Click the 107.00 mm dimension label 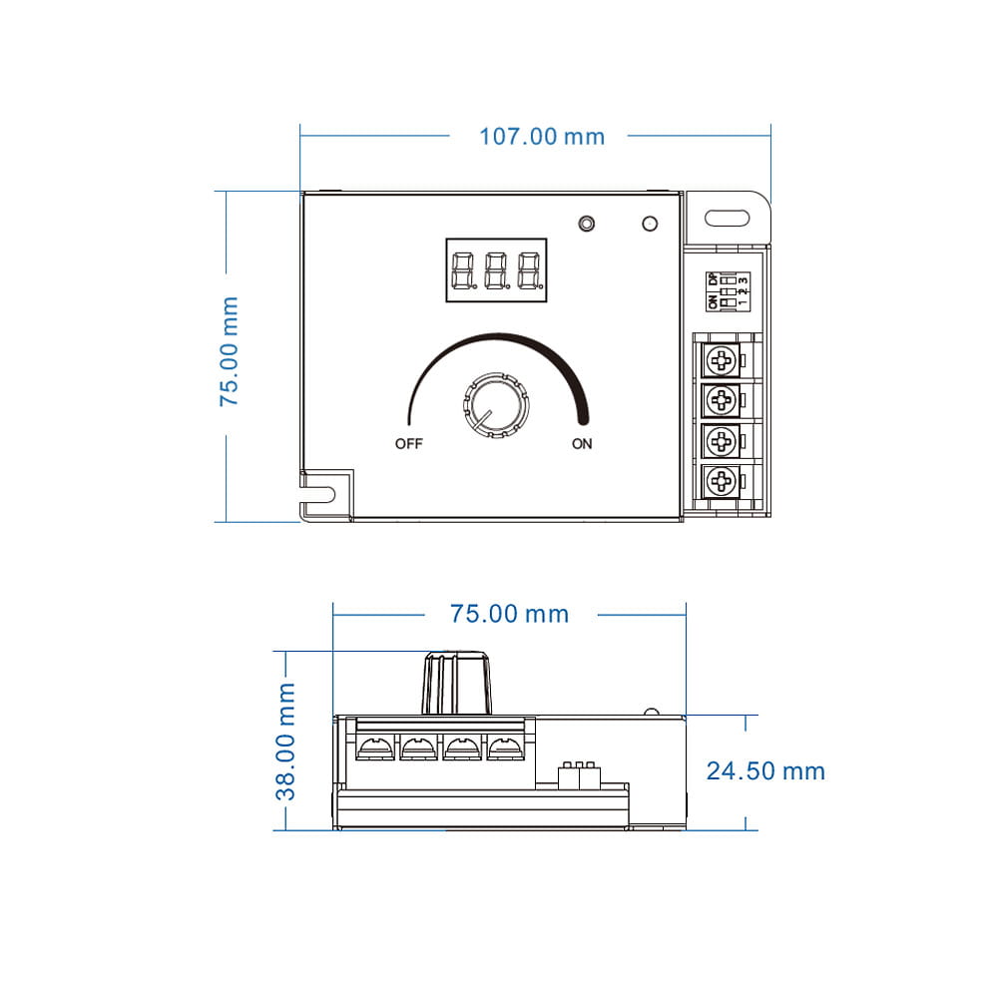(542, 136)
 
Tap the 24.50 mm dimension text (765, 770)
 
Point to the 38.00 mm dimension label (287, 742)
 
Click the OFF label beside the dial (409, 444)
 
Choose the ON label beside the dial (582, 444)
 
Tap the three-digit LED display (496, 268)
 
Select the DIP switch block (728, 289)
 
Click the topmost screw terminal (721, 359)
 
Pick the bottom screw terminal (721, 483)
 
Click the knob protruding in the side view (459, 683)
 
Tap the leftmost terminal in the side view (376, 748)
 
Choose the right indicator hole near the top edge (650, 224)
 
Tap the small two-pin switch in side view (579, 771)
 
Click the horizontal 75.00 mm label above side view (509, 614)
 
